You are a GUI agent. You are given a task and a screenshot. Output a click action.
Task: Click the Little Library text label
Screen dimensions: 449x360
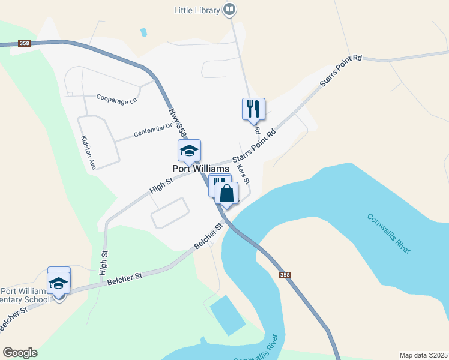point(196,10)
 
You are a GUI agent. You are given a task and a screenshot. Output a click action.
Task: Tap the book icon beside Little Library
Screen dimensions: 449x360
point(229,9)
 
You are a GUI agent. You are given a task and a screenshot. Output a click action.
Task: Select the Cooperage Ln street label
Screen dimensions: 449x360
point(116,99)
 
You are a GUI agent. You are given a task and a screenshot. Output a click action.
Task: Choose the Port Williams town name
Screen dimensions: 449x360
point(200,169)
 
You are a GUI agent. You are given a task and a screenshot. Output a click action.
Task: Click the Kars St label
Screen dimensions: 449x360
point(243,174)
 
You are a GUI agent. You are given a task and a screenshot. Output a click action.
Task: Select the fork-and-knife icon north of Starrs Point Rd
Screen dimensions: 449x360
point(253,109)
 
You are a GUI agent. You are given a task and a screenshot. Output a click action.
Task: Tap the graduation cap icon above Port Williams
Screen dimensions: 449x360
point(189,151)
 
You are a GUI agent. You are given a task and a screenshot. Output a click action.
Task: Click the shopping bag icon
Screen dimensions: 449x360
point(227,193)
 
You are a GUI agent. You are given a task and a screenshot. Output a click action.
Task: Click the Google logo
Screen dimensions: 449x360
point(20,353)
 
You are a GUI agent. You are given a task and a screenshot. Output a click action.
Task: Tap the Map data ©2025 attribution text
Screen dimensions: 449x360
point(423,355)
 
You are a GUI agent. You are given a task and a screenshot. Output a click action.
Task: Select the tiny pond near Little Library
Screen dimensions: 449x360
point(143,32)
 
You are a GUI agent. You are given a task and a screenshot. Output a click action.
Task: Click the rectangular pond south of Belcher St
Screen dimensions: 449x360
point(228,315)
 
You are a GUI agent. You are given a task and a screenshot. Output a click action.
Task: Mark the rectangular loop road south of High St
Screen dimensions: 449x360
point(170,213)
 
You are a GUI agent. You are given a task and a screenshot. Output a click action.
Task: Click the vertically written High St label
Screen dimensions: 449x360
point(104,263)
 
